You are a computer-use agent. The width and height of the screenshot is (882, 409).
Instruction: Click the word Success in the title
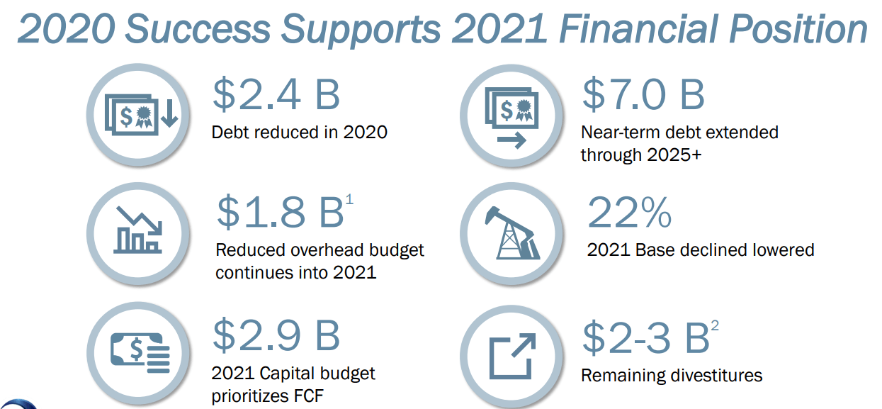(198, 28)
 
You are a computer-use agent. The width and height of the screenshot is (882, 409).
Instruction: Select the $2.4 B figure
(276, 94)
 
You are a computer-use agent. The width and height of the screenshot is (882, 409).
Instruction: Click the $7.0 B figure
(643, 94)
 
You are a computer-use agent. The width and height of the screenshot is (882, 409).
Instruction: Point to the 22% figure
(629, 213)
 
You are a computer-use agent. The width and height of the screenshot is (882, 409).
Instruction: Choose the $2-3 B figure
(646, 337)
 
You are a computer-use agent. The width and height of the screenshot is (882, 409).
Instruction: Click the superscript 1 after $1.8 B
(349, 199)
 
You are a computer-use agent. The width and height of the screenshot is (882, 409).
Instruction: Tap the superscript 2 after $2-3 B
(715, 325)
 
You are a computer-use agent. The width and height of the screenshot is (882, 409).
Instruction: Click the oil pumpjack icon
(512, 233)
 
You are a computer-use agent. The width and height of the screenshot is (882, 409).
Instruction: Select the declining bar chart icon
(138, 230)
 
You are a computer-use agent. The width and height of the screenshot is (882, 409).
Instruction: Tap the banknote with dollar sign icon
(140, 353)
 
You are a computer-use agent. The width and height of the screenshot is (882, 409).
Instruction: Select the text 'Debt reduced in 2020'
(299, 133)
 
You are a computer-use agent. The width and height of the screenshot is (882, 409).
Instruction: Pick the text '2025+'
(674, 155)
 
